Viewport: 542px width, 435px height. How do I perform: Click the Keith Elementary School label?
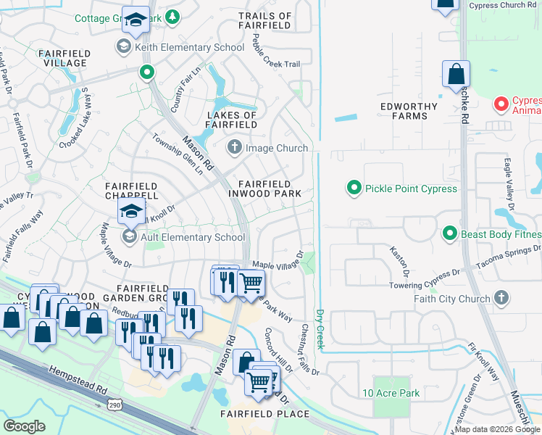tap(189, 48)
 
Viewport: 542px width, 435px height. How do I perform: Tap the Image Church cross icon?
tap(234, 148)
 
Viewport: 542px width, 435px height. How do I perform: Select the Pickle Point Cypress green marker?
tap(354, 188)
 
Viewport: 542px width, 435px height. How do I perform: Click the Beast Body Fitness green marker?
tap(449, 233)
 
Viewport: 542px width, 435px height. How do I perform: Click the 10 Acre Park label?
tap(391, 393)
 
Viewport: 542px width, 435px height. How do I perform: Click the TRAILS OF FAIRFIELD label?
tap(264, 20)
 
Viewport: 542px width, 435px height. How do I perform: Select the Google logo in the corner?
tap(25, 426)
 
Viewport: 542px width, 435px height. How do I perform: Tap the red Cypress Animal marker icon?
tap(500, 104)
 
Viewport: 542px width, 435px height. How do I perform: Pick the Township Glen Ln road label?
tap(177, 154)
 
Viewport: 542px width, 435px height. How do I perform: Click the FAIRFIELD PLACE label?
tap(264, 414)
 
